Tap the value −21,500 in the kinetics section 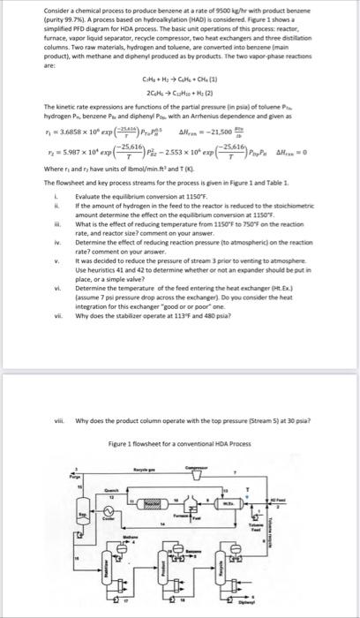point(221,100)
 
